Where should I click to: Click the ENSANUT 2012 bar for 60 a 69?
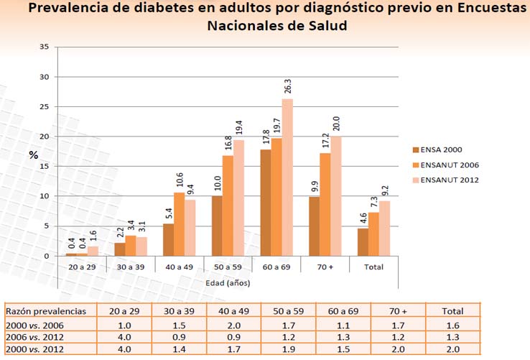[287, 177]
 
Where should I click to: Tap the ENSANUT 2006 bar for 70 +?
[322, 205]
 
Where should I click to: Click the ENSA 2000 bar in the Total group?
[363, 242]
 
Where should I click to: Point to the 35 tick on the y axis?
[45, 47]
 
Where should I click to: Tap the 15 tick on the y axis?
[45, 166]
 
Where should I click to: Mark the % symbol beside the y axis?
[33, 154]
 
